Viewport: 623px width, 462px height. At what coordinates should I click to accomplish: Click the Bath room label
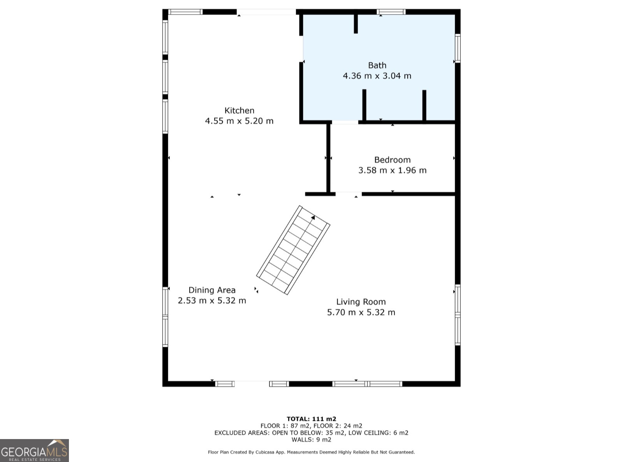(x=377, y=65)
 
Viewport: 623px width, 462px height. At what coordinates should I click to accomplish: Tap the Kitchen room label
(x=239, y=110)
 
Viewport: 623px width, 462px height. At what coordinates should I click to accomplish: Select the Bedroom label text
(x=392, y=160)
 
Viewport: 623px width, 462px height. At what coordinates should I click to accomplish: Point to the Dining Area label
(x=212, y=290)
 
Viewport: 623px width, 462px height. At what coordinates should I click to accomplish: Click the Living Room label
(x=361, y=302)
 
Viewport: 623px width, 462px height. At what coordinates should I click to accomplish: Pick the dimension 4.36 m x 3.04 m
(x=377, y=76)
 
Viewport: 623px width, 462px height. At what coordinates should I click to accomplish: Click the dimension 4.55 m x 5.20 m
(x=239, y=121)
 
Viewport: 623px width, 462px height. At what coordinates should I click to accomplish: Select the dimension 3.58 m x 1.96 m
(x=392, y=171)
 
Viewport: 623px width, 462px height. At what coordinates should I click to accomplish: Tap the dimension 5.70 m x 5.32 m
(x=361, y=313)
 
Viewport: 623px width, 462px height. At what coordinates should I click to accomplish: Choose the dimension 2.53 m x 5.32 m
(x=212, y=301)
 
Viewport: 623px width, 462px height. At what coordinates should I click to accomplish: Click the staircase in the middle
(x=293, y=250)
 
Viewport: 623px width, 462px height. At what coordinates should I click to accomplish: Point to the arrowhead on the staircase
(x=313, y=217)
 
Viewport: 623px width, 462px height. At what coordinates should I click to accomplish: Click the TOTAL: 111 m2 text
(x=311, y=419)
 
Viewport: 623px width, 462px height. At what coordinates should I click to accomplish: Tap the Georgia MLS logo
(x=34, y=450)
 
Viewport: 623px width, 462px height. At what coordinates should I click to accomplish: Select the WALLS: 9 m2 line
(x=311, y=439)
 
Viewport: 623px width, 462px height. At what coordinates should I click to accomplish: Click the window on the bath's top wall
(x=391, y=12)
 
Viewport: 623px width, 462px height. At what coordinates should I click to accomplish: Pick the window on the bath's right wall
(x=458, y=48)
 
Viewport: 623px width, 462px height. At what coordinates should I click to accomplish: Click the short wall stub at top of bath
(x=355, y=24)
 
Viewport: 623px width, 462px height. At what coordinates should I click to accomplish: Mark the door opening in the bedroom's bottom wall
(x=348, y=194)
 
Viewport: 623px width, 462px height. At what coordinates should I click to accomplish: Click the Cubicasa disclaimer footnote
(x=311, y=452)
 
